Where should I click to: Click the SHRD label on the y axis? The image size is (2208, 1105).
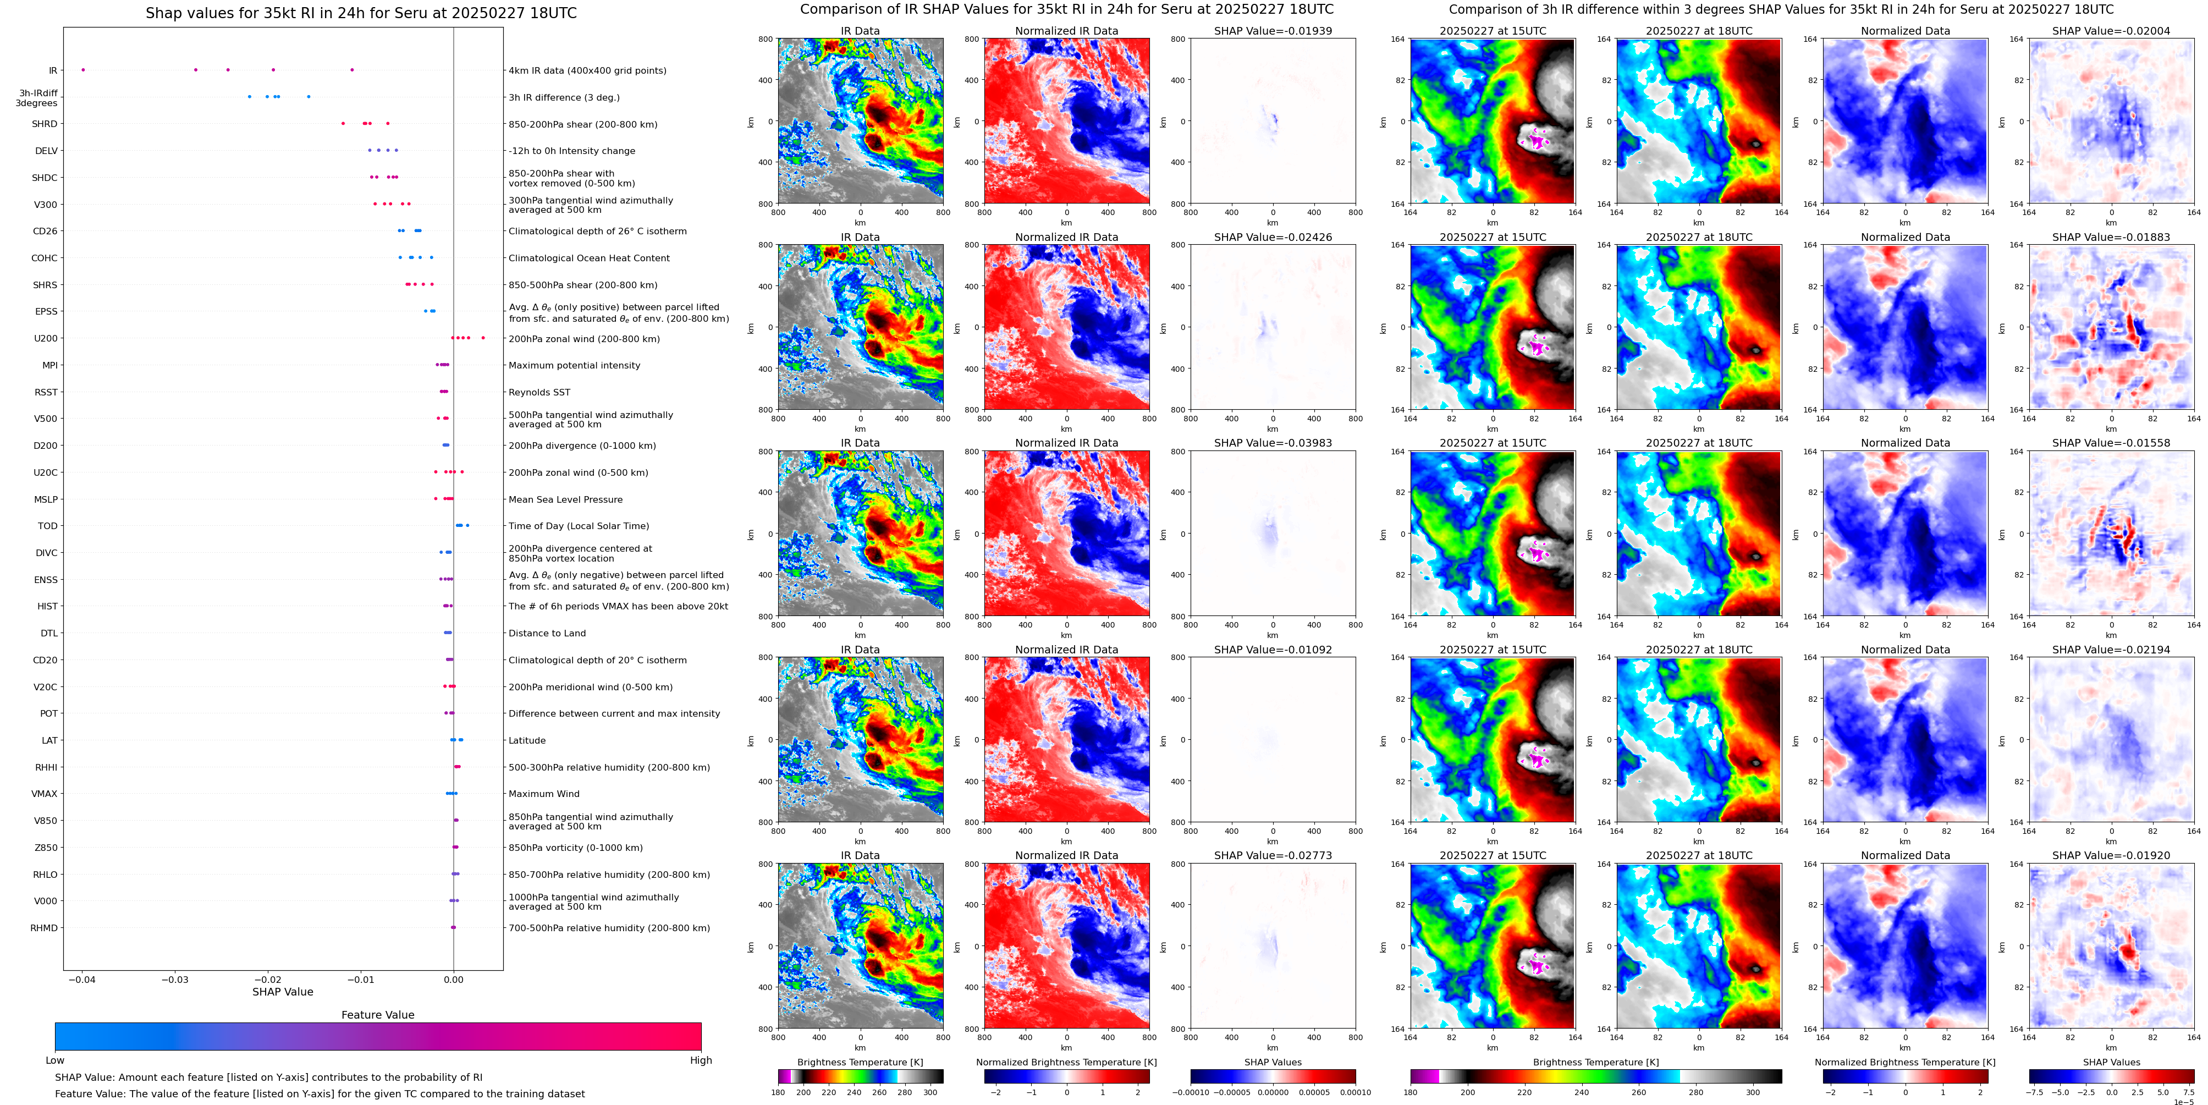click(45, 124)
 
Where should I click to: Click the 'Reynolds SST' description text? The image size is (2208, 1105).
click(539, 393)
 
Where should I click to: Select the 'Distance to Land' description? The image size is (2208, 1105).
click(547, 634)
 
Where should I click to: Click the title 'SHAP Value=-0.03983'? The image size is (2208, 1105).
click(1273, 443)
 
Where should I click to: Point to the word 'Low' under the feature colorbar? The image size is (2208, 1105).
click(55, 1060)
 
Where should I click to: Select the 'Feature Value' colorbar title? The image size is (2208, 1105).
click(377, 1015)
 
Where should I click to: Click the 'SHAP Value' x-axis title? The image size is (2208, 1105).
click(283, 992)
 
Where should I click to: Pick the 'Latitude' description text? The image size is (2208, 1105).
click(527, 741)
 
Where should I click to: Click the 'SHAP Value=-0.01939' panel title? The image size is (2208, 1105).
click(1273, 31)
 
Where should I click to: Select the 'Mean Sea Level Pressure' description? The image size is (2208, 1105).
click(566, 500)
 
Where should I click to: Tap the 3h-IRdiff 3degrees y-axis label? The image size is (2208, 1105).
click(37, 98)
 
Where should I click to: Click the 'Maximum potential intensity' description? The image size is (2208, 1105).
click(574, 366)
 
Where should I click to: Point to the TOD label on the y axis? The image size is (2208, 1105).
click(48, 526)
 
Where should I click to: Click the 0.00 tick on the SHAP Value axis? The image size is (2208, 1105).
click(454, 980)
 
